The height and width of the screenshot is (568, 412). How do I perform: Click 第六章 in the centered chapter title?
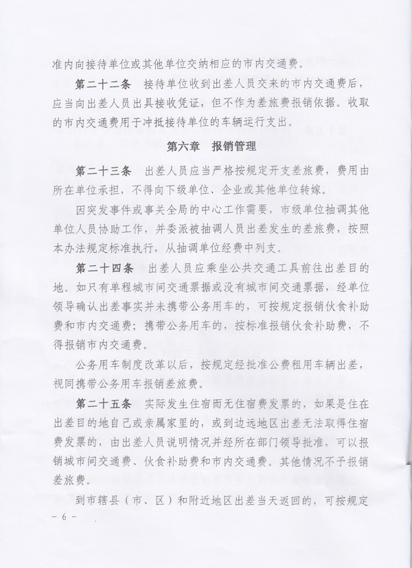[x=183, y=147]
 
